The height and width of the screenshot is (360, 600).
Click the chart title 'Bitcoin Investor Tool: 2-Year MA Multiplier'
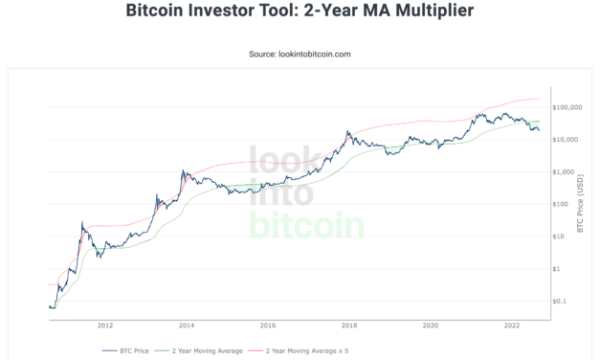click(x=300, y=12)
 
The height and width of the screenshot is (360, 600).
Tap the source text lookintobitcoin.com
click(x=300, y=54)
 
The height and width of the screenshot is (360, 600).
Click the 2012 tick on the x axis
click(x=105, y=324)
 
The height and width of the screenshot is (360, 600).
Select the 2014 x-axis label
click(x=187, y=324)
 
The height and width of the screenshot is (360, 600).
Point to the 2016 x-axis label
click(x=268, y=324)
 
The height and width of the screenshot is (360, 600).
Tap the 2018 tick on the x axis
click(x=349, y=324)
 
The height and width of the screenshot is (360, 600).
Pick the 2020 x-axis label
click(x=431, y=324)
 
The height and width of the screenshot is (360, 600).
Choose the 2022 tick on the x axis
click(x=512, y=324)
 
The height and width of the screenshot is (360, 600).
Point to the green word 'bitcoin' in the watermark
click(x=306, y=226)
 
